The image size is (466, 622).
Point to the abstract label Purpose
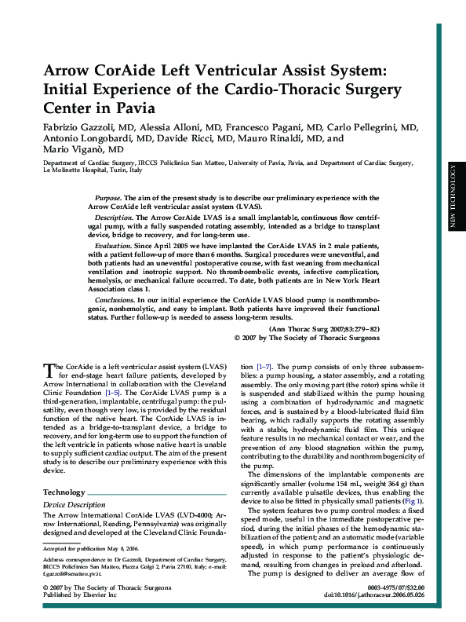107,198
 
